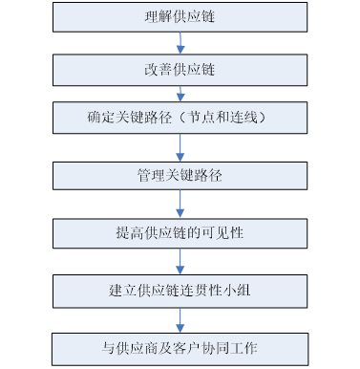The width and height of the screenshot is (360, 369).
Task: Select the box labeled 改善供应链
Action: tap(180, 70)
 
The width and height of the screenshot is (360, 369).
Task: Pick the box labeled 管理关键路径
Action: tap(180, 176)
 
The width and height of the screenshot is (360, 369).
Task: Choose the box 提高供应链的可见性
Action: tap(180, 232)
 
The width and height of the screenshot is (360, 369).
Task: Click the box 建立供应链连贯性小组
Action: tap(180, 289)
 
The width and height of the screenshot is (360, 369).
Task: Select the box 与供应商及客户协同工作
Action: tap(180, 345)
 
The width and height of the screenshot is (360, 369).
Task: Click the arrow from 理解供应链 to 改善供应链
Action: tap(180, 43)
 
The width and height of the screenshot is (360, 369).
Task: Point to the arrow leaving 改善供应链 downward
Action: tap(180, 94)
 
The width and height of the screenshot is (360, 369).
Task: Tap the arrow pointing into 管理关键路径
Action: tap(180, 147)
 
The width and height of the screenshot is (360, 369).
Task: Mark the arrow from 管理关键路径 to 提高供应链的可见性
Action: tap(180, 205)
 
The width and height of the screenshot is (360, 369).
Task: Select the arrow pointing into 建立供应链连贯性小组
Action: tap(180, 261)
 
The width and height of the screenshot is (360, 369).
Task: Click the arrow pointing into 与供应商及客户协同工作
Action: tap(180, 317)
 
